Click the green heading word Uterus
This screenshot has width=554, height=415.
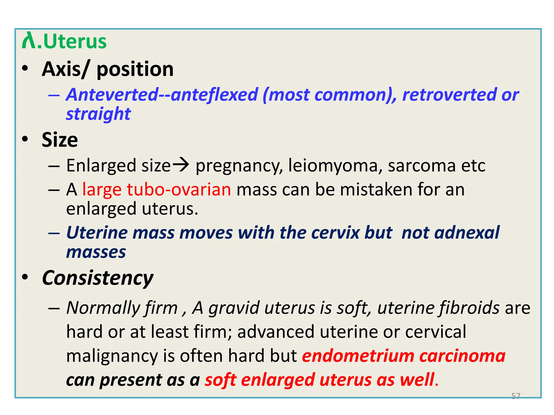point(75,42)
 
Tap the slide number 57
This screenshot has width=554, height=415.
point(516,396)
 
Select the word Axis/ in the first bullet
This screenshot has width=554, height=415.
point(65,69)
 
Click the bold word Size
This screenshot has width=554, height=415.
point(60,140)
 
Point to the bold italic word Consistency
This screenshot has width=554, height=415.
point(98,278)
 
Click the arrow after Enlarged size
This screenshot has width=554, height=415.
point(181,165)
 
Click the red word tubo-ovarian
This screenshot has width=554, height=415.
point(179,189)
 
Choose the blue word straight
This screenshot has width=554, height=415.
point(98,114)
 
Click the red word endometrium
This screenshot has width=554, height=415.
point(358,356)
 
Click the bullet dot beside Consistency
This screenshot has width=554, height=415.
point(25,277)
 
